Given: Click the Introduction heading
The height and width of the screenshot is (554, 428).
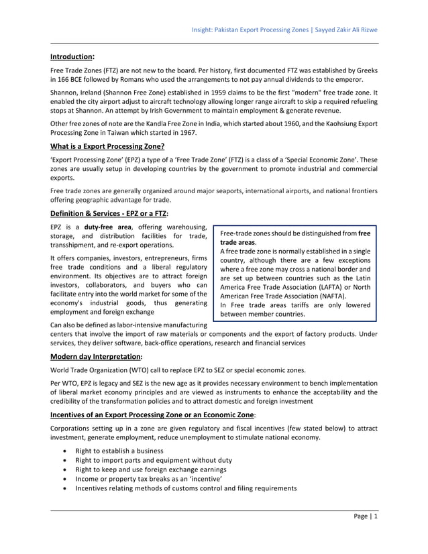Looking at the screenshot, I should tap(72, 57).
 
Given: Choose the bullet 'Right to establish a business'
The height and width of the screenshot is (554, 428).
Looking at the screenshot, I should tap(119, 451).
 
